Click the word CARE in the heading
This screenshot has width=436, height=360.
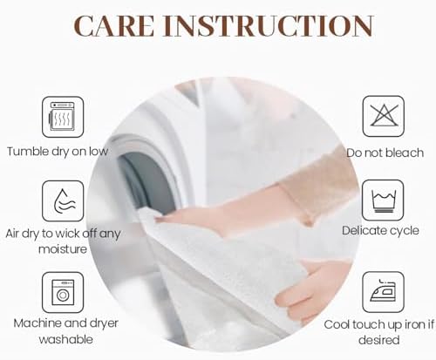[x=114, y=25]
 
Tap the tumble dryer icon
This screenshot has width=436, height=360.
[x=63, y=117]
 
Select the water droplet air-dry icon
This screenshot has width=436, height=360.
[x=63, y=201]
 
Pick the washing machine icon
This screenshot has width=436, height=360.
[x=63, y=292]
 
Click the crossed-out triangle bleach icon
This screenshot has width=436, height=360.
[x=384, y=116]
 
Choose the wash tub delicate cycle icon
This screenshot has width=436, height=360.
[x=384, y=200]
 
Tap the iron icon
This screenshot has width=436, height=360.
[x=384, y=292]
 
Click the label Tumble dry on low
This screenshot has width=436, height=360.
[x=58, y=152]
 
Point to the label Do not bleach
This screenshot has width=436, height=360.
[x=385, y=153]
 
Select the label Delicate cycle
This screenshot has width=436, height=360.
[x=380, y=231]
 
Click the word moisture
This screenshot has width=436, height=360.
[x=63, y=249]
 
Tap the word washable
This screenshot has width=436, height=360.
[x=66, y=339]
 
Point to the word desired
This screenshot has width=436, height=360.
[x=379, y=340]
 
